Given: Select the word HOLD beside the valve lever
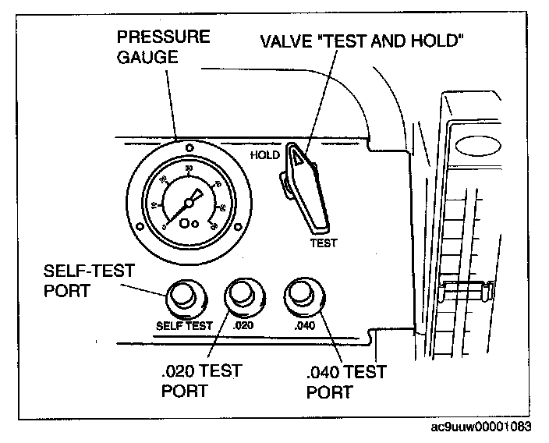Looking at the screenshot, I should [264, 154].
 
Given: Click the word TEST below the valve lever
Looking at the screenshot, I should [324, 243].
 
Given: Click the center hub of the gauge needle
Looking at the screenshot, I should [188, 201].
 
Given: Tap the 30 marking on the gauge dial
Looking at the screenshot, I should [189, 167].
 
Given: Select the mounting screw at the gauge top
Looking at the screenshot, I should [188, 144].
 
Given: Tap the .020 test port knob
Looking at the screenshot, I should [241, 294].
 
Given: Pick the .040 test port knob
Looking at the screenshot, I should [300, 294].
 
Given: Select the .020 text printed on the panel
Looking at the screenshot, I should [244, 325].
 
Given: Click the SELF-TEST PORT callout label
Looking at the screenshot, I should [88, 282].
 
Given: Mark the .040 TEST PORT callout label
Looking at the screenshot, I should [345, 381].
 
